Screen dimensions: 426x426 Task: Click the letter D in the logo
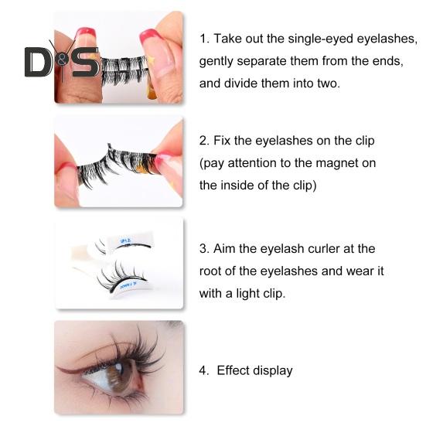point(37,63)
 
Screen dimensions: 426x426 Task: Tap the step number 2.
point(203,141)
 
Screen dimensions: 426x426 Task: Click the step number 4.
point(203,370)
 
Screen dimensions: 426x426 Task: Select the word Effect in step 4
point(235,370)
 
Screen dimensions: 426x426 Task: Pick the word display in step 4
point(274,370)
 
